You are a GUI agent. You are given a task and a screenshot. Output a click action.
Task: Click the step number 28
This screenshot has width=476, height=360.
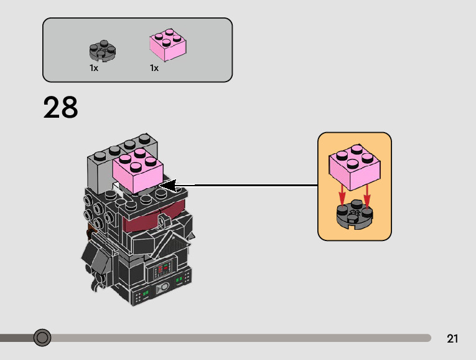click(x=61, y=108)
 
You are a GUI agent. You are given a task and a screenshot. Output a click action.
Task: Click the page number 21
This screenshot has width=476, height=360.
click(x=452, y=339)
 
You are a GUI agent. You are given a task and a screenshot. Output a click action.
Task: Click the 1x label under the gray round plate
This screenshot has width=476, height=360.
click(x=94, y=68)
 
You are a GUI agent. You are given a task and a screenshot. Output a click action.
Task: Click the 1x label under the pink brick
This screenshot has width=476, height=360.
click(x=154, y=68)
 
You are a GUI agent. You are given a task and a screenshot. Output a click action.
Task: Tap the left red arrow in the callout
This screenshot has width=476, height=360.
click(x=341, y=196)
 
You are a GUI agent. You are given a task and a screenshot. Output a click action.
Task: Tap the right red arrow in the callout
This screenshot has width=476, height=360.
click(x=366, y=196)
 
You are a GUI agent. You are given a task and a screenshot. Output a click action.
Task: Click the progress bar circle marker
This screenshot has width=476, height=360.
click(x=42, y=338)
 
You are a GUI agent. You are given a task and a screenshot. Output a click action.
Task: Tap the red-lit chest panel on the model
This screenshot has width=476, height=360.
click(x=162, y=270)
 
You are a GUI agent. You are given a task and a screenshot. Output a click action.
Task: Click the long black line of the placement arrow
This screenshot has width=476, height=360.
click(x=249, y=185)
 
